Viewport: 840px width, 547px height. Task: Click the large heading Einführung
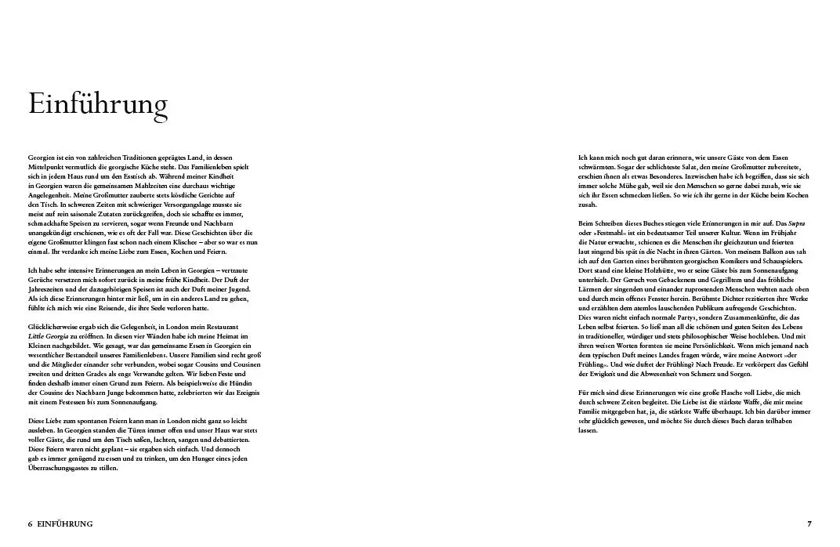(x=98, y=104)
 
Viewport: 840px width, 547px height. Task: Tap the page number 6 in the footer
(x=31, y=523)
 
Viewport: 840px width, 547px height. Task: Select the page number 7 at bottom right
(x=809, y=523)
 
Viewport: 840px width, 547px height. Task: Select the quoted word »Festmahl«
(x=605, y=233)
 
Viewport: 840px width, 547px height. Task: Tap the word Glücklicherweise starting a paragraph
(x=56, y=326)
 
